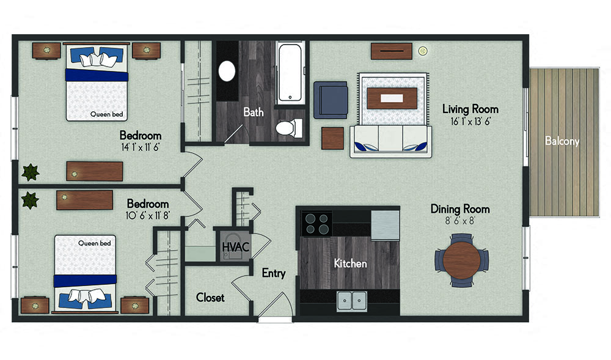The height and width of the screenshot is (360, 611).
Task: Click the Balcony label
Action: coord(562,142)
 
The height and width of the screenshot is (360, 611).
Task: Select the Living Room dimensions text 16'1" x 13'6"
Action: coord(470,122)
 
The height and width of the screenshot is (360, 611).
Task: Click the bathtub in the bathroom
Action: coord(291,72)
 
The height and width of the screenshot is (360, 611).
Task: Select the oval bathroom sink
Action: coord(227,71)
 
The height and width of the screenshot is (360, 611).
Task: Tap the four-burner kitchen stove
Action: coord(316,223)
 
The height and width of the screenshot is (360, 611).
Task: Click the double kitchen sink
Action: coord(351,301)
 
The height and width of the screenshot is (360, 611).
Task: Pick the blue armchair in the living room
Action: coord(330,100)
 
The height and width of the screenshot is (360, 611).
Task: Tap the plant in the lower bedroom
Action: coord(29,199)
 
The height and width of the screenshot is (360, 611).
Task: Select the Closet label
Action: coord(210,298)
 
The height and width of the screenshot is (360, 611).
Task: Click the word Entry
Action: coord(273,273)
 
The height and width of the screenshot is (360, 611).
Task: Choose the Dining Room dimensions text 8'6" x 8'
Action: coord(460,221)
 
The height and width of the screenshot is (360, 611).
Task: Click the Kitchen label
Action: coord(350,263)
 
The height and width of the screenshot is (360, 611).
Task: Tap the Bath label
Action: coord(254,112)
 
